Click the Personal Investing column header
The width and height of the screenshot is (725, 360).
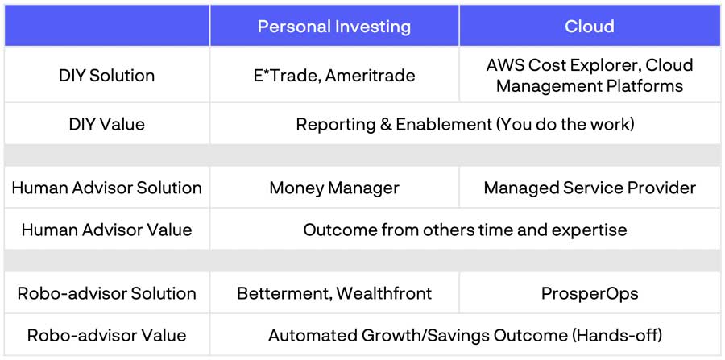[333, 27]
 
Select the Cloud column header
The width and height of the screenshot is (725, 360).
[590, 27]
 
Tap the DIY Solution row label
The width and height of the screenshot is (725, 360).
[107, 76]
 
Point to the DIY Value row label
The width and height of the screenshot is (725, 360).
[107, 124]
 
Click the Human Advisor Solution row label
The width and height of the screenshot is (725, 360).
[107, 188]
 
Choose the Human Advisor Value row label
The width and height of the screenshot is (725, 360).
[107, 230]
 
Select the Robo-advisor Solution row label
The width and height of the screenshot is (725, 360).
[107, 293]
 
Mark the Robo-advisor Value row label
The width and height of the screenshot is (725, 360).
[107, 336]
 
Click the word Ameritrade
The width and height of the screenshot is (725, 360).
[370, 76]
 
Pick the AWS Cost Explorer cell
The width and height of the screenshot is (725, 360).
[590, 76]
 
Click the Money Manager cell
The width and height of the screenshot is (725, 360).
[334, 188]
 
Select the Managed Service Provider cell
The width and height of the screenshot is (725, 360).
[590, 188]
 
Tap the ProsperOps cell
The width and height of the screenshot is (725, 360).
[590, 294]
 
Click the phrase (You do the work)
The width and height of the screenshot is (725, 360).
[567, 124]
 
